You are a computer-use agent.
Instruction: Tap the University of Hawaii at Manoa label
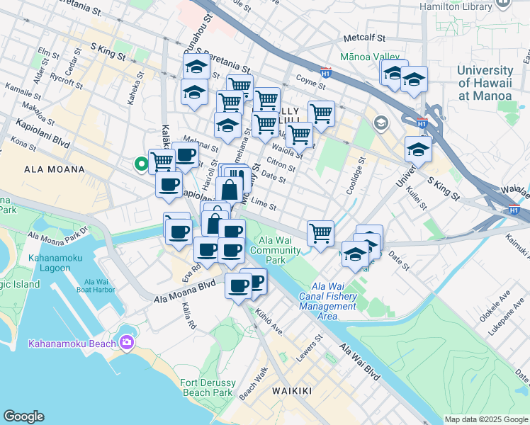coord(485,83)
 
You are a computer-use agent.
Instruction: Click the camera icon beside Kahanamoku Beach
coord(127,344)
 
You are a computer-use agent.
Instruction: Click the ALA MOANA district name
coord(55,170)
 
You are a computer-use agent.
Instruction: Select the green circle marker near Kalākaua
coord(142,164)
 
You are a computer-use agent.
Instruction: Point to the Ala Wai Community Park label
coord(275,250)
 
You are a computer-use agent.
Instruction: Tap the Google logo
coord(23,416)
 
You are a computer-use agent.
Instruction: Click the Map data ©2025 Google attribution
coord(485,419)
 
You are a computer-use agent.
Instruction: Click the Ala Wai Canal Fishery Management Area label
coord(327,300)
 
